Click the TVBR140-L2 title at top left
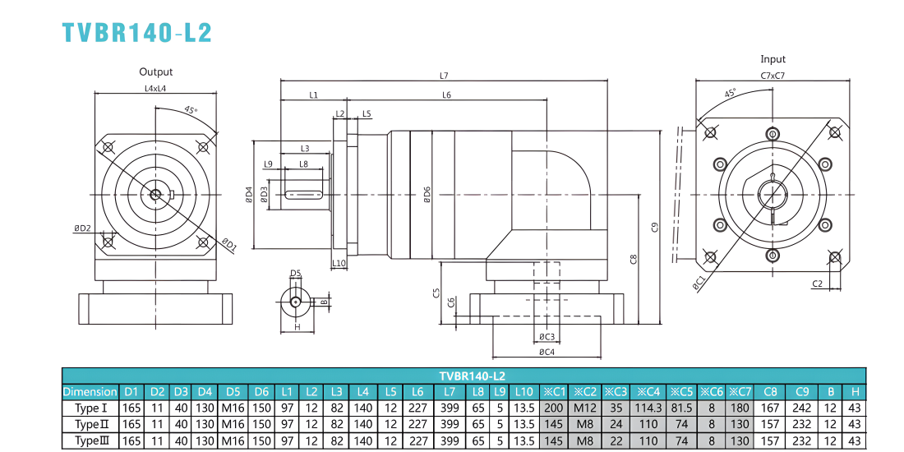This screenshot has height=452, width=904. (136, 33)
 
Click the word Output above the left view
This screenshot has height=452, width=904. (155, 72)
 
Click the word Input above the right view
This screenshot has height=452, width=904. (773, 59)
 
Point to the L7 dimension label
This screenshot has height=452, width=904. (443, 76)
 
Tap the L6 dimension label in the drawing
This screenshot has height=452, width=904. (447, 95)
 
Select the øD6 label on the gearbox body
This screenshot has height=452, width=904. (427, 195)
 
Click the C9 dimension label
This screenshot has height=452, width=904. (653, 227)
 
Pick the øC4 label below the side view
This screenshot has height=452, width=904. (547, 352)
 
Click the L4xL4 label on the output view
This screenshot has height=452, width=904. (155, 90)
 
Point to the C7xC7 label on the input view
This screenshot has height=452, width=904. (773, 76)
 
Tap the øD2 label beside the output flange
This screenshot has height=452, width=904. (82, 228)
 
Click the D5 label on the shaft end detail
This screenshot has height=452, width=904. (296, 273)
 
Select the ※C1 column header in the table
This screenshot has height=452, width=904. (555, 392)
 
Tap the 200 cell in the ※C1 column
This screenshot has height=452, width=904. (555, 408)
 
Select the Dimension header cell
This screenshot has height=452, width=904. (90, 392)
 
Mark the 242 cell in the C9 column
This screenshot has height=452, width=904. (802, 408)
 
